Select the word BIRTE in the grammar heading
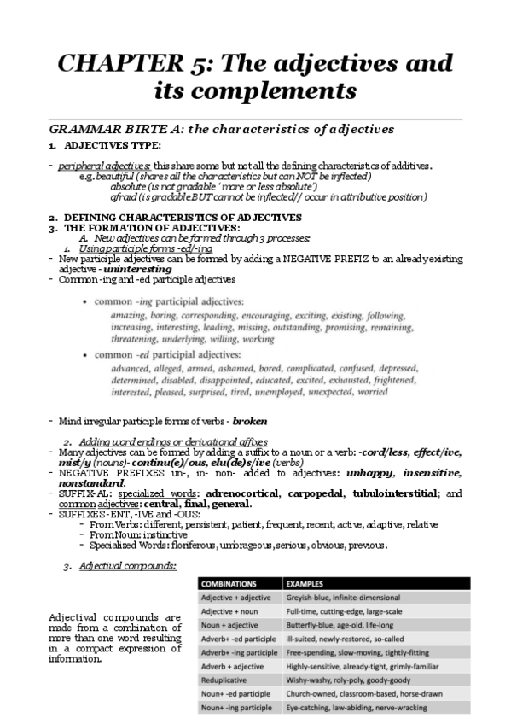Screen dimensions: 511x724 [152, 130]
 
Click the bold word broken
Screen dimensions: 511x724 [249, 421]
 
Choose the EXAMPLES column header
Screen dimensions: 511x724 [311, 584]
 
